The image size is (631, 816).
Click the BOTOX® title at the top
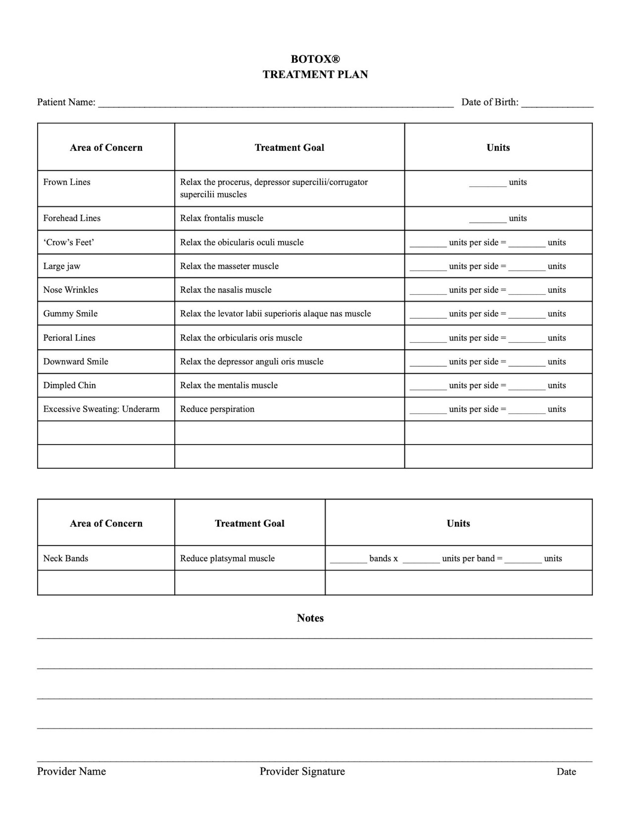click(x=315, y=59)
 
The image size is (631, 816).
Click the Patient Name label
click(x=66, y=102)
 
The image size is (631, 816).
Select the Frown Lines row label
click(x=67, y=182)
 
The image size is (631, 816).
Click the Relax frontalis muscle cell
click(x=222, y=218)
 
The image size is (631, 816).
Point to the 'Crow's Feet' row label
click(x=68, y=242)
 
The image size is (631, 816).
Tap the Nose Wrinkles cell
click(x=71, y=290)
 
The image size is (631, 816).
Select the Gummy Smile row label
click(x=70, y=313)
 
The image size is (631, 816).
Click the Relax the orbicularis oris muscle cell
click(x=241, y=338)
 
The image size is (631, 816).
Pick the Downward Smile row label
click(x=75, y=362)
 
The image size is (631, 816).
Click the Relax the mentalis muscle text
click(x=229, y=385)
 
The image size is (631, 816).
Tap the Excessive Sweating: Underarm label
click(x=101, y=409)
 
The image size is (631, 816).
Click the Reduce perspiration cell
click(x=217, y=409)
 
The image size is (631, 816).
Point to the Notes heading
click(x=310, y=618)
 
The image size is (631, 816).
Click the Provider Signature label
click(x=302, y=772)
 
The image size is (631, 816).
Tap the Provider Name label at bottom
click(x=71, y=772)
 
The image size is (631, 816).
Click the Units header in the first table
click(x=498, y=148)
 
